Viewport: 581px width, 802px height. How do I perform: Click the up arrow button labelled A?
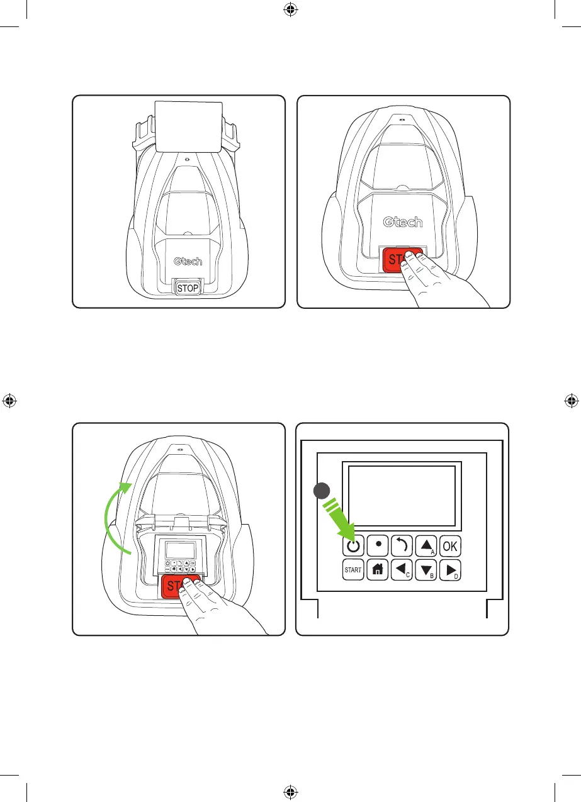pyautogui.click(x=426, y=546)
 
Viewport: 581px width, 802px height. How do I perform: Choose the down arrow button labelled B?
pyautogui.click(x=426, y=570)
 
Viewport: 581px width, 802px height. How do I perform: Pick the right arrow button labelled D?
pyautogui.click(x=449, y=570)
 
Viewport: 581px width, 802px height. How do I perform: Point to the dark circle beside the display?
pyautogui.click(x=322, y=491)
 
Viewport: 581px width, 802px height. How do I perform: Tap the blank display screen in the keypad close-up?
pyautogui.click(x=402, y=496)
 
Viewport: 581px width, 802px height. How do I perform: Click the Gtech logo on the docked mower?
pyautogui.click(x=188, y=260)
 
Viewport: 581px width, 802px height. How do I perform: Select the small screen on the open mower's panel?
pyautogui.click(x=179, y=551)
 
